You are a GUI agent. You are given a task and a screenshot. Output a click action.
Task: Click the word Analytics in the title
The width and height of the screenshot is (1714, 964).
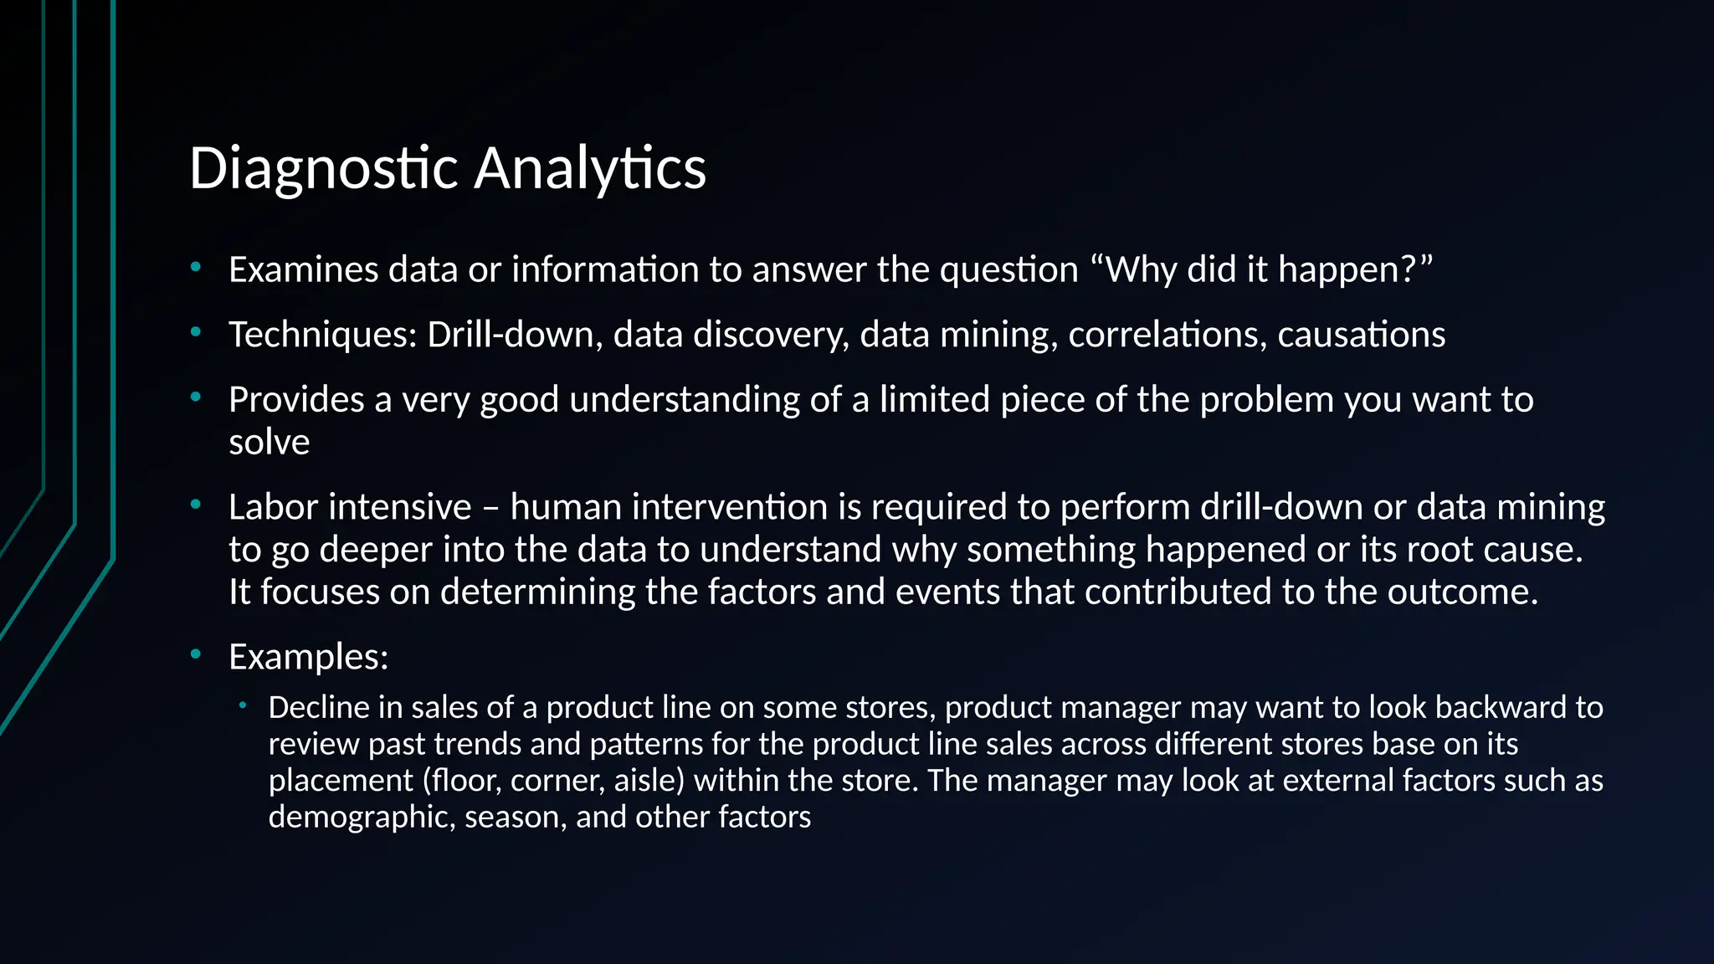click(590, 168)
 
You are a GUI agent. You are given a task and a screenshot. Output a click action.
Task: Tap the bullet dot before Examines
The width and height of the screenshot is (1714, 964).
click(196, 267)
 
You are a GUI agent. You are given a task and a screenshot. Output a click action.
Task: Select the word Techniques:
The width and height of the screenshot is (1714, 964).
click(322, 335)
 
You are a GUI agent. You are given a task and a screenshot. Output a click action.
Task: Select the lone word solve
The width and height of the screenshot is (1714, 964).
click(269, 443)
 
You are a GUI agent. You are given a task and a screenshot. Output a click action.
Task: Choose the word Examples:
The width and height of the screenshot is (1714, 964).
click(308, 657)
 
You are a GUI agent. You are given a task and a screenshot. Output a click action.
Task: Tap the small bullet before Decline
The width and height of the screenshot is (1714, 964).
click(242, 705)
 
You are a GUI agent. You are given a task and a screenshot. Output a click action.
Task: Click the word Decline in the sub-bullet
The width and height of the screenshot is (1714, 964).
click(318, 708)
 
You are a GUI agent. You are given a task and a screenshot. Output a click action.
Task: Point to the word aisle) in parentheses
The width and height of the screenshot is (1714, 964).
click(649, 781)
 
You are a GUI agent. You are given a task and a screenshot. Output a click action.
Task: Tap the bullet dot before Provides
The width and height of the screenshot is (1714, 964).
click(196, 397)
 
